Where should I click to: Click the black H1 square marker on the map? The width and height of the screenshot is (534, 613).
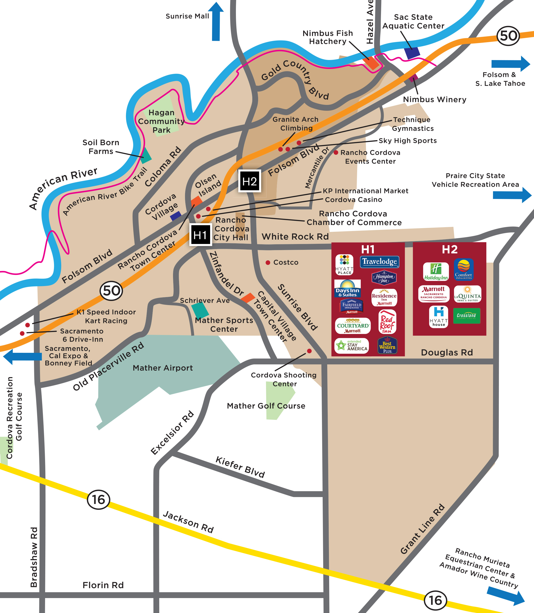200,235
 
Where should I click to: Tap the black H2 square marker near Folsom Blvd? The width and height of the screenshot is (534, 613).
250,181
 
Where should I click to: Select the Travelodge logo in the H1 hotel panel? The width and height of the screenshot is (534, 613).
379,261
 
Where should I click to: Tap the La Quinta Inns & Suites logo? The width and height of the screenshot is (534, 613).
467,294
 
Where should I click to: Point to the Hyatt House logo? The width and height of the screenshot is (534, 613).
439,317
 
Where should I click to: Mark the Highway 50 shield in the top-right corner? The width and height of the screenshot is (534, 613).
508,36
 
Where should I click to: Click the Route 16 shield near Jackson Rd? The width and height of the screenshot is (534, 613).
99,499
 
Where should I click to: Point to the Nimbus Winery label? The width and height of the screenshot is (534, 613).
434,99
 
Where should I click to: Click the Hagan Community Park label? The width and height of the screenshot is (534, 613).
161,121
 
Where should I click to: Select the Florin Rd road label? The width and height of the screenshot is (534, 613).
103,585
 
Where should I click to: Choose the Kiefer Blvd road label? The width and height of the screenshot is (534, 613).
240,467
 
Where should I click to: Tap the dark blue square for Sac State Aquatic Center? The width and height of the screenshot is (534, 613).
412,53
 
